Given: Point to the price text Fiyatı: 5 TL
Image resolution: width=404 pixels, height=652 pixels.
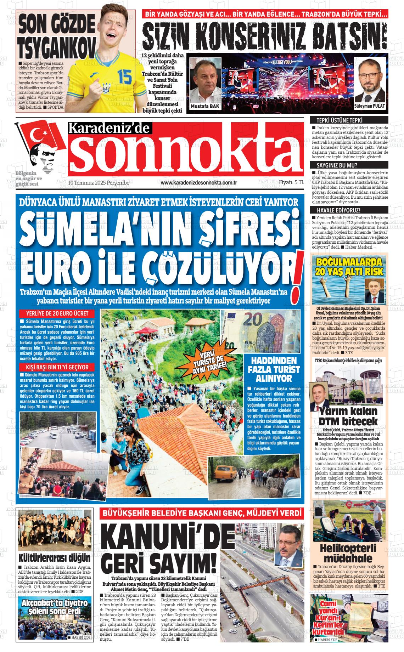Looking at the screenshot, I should tap(291, 182).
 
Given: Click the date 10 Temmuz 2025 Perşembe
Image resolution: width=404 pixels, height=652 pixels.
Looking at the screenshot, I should tap(99, 182).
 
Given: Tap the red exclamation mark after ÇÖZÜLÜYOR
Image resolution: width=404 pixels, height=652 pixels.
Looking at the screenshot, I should tap(295, 280).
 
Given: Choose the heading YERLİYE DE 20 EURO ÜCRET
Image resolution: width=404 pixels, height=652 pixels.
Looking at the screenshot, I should tap(57, 314).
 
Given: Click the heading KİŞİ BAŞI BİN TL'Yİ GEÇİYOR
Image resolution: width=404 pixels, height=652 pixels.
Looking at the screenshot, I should tap(57, 367).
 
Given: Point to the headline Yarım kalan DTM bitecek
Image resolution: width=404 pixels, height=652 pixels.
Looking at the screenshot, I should tap(348, 416).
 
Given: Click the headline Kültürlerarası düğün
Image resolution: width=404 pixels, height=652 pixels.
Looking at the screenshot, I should tap(55, 558).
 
